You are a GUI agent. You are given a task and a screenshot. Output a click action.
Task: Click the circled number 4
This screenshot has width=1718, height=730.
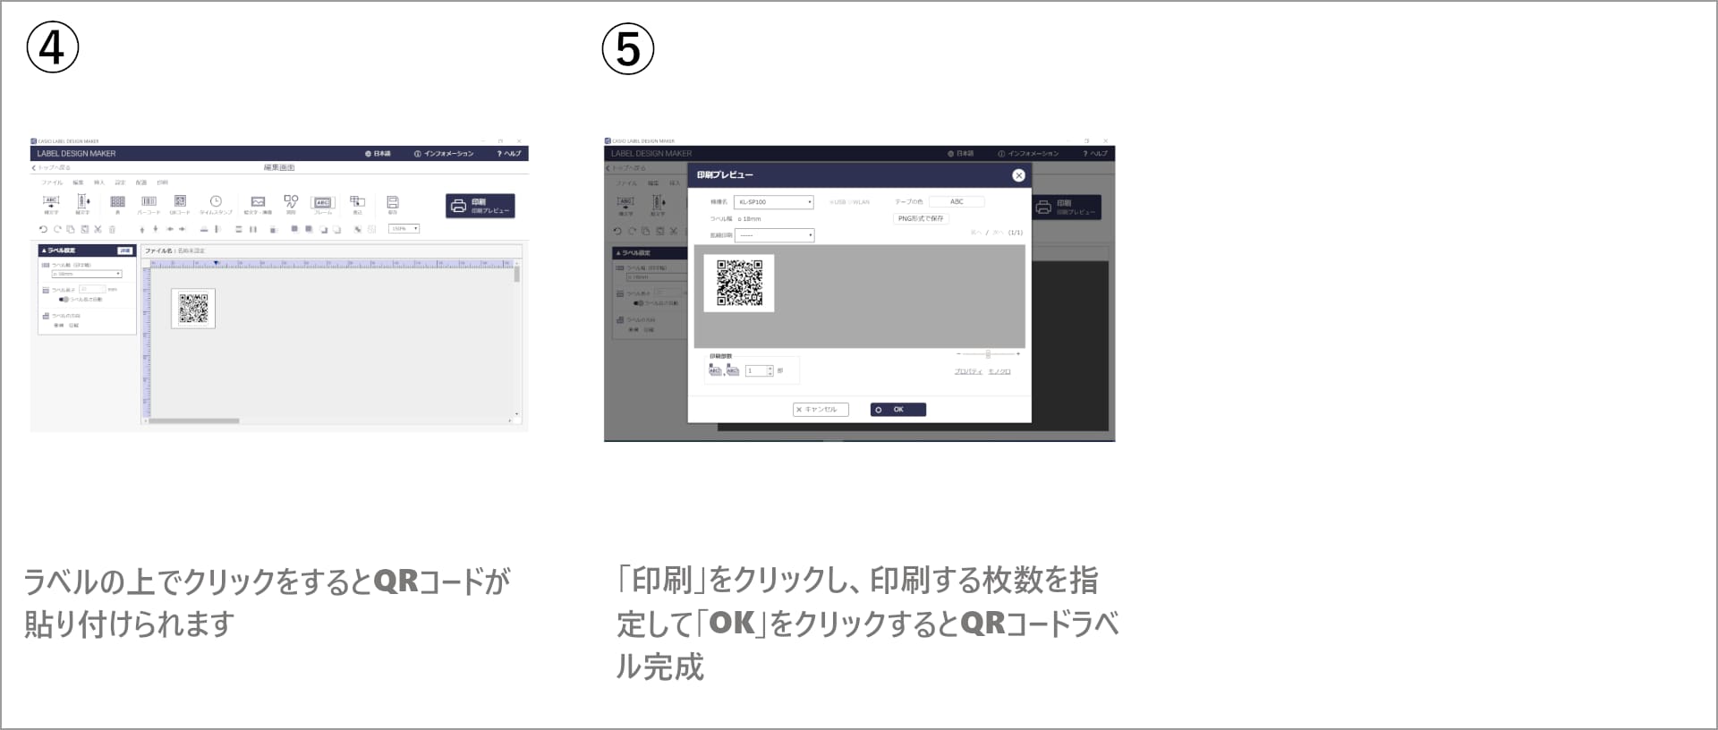coord(53,47)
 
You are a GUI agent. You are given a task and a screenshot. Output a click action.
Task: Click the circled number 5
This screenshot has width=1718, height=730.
coord(627,48)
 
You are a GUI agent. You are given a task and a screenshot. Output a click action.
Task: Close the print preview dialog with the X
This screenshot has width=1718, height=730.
coord(1018,175)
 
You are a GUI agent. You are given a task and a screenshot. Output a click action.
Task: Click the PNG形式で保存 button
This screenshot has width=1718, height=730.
coord(920,218)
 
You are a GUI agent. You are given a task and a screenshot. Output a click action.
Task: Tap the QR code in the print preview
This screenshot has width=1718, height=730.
coord(739,283)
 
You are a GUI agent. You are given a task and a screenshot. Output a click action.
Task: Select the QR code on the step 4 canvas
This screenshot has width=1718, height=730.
coord(193,309)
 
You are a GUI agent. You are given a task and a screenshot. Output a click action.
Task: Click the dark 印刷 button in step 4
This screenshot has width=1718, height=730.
coord(481,207)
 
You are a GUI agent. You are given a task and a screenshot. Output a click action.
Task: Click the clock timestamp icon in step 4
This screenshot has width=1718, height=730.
coord(216,202)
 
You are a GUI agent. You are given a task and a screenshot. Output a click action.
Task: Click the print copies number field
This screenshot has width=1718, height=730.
coord(756,370)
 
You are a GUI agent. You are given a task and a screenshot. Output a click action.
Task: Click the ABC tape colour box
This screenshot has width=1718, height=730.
coord(957,202)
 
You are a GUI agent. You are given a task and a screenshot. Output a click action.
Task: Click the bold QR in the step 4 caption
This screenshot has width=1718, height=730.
coord(395,581)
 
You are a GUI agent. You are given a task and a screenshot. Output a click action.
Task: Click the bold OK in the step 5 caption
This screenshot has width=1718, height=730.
coord(732,624)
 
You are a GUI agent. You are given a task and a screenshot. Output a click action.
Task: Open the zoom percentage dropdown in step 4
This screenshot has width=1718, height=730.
coord(404,229)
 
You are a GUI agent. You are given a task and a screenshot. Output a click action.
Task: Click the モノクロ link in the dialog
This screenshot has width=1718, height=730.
coord(999,371)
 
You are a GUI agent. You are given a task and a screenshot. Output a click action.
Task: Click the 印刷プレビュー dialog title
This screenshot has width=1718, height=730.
coord(725,175)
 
